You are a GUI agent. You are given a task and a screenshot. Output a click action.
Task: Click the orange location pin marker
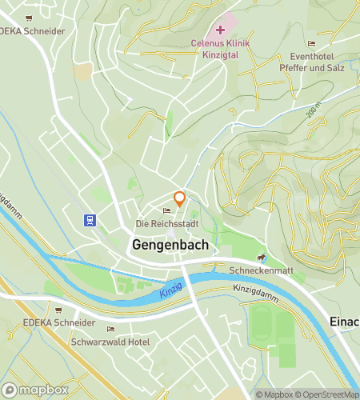[180, 198]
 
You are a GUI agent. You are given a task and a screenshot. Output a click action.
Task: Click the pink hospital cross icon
[221, 30]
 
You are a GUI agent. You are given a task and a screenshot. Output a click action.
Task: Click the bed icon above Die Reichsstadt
[166, 210]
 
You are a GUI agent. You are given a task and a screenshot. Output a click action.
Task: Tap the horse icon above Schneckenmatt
[261, 258]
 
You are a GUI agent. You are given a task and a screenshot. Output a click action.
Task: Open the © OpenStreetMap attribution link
[328, 394]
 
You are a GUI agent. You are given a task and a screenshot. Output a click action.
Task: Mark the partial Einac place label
[344, 320]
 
